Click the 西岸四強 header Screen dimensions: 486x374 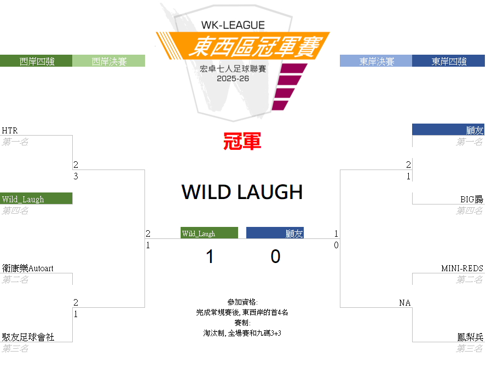[36, 61]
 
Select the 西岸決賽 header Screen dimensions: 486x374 [109, 61]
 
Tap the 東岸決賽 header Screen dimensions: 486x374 [376, 61]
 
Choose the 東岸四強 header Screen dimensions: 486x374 [448, 61]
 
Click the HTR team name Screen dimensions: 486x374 [10, 131]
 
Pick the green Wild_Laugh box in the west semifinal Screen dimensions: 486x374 [36, 198]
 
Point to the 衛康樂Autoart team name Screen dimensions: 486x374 [27, 268]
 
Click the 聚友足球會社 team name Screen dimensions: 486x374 [28, 337]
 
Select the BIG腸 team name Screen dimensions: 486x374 [471, 200]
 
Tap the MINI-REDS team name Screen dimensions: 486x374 [462, 268]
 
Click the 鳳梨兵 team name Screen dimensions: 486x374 [470, 337]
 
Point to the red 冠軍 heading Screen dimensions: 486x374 [242, 142]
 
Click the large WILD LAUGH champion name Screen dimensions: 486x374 [242, 192]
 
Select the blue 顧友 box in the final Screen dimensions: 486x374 [275, 233]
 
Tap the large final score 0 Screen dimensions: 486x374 [275, 256]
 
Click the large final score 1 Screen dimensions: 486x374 [210, 256]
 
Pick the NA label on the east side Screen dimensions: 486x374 [405, 303]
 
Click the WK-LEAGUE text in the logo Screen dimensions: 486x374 [233, 25]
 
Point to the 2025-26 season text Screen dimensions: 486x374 [233, 79]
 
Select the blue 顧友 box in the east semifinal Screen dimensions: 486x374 [448, 130]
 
